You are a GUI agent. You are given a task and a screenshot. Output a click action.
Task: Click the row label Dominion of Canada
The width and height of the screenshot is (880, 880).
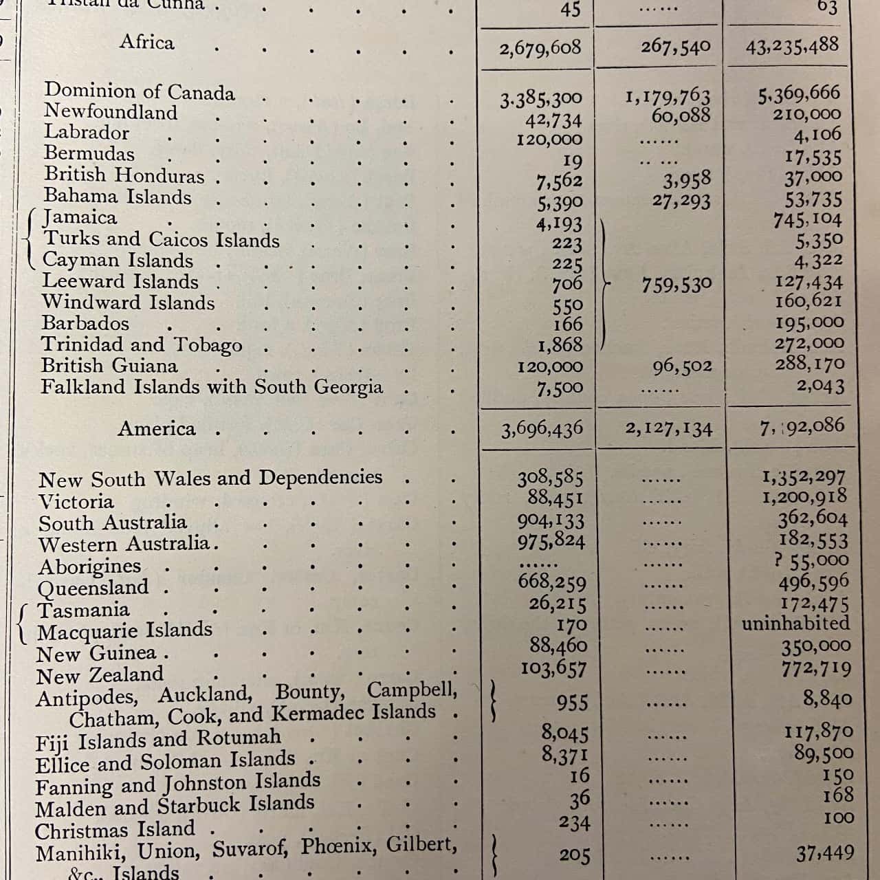tap(140, 91)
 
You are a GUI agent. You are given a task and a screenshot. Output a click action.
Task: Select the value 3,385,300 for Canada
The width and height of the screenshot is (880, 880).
tap(541, 100)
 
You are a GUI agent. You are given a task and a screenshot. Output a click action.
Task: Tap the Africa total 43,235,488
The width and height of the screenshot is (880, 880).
tap(792, 46)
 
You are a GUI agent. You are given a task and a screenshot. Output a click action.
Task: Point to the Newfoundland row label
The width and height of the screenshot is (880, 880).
tap(111, 112)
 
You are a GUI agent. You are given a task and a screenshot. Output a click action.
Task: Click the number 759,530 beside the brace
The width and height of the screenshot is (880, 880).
tap(676, 284)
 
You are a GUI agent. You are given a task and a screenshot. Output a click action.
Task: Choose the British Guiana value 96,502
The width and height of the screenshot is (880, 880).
tap(682, 366)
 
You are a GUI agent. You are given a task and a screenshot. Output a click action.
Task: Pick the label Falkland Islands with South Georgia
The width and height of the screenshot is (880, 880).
tap(212, 387)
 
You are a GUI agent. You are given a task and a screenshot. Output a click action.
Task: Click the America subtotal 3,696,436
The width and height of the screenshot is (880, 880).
tap(542, 430)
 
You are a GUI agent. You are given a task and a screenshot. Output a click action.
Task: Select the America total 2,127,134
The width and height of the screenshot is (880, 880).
tap(668, 429)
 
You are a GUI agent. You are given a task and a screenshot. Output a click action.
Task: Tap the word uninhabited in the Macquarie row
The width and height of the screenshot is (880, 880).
tap(795, 624)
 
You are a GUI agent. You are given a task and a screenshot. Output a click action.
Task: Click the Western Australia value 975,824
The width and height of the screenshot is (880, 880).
tap(551, 541)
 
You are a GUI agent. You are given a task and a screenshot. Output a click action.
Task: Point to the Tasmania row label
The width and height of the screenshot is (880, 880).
tap(83, 610)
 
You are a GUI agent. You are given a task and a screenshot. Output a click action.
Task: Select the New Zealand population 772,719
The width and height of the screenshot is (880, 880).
tap(816, 668)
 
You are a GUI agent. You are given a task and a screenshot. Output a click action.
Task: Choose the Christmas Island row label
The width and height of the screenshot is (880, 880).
tap(115, 830)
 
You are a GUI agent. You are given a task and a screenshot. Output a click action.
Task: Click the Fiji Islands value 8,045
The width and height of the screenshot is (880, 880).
tap(564, 733)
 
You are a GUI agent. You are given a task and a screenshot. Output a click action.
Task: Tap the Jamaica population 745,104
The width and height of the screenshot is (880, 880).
tap(807, 220)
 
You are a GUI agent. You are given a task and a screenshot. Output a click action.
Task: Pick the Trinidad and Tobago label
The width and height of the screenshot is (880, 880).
tap(142, 344)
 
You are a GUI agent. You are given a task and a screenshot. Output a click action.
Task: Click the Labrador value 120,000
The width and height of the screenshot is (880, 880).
tap(549, 140)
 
